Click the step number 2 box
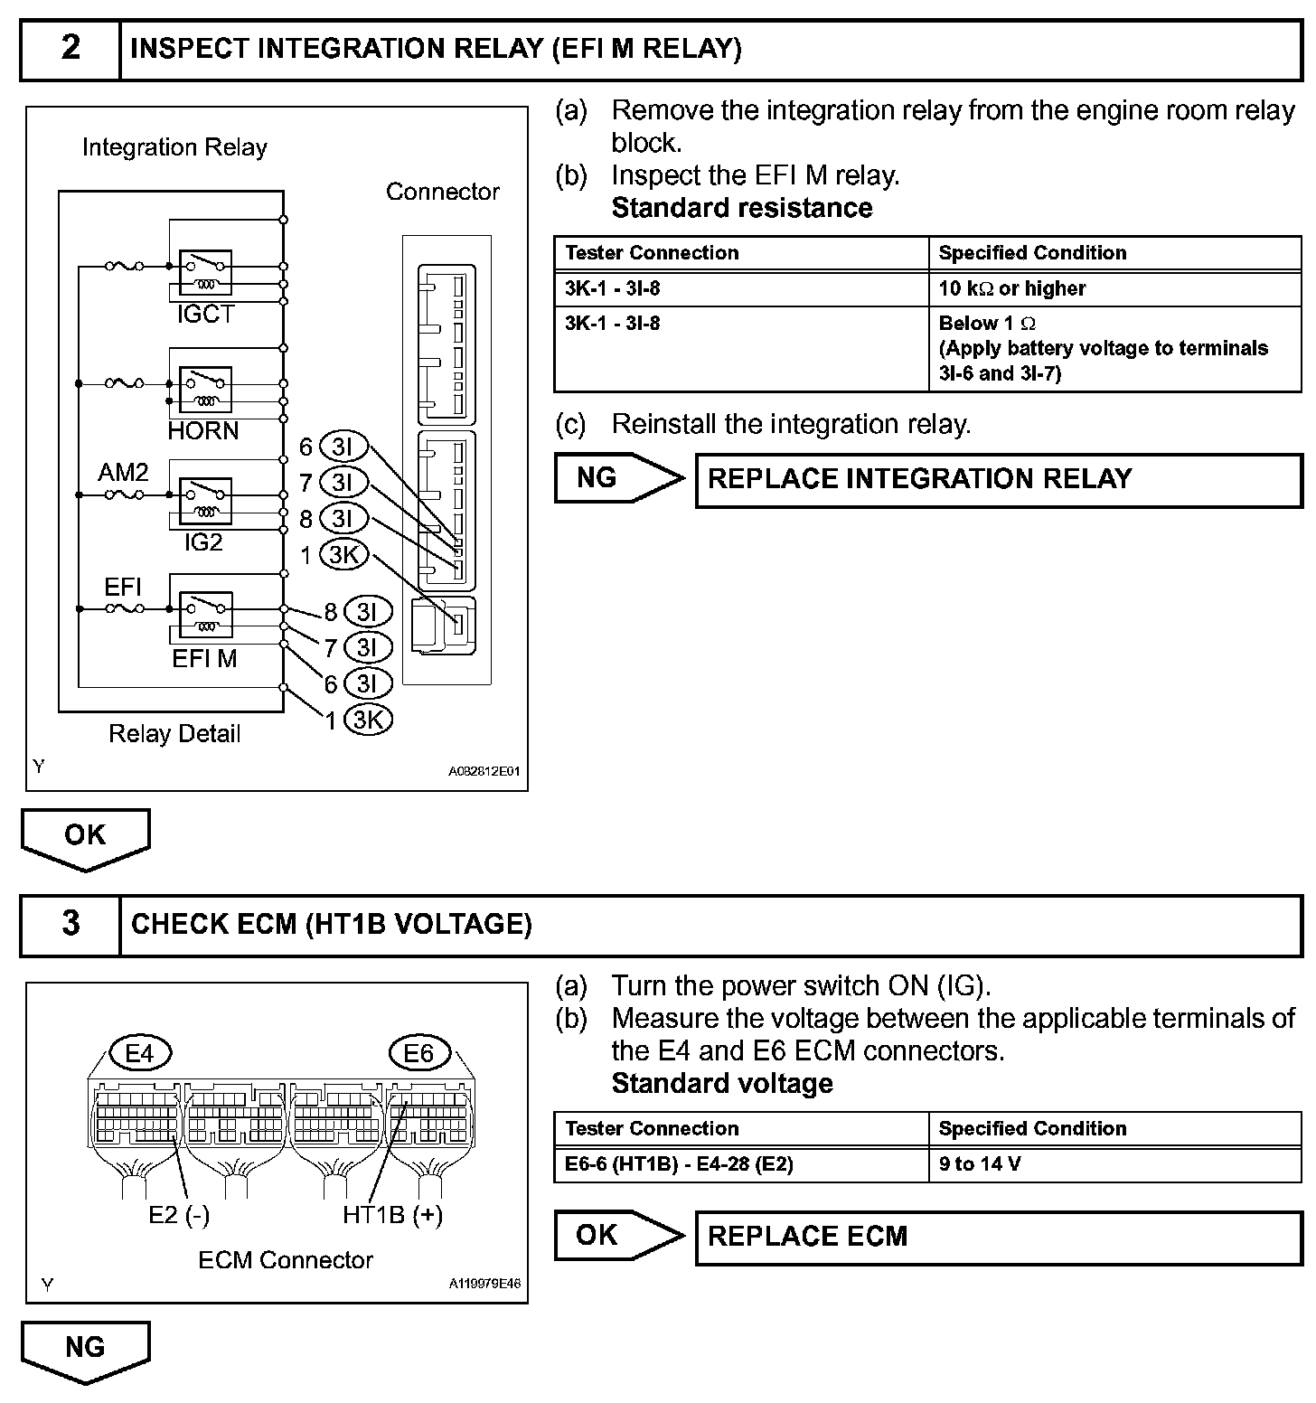(70, 49)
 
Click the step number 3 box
(70, 924)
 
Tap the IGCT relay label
(205, 315)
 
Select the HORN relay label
(203, 430)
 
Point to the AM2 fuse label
(123, 472)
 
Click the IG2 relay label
(203, 542)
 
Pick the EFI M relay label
(204, 659)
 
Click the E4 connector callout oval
(139, 1053)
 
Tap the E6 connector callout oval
(418, 1053)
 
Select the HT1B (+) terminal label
(392, 1215)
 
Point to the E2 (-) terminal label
(179, 1215)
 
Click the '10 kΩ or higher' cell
(1114, 288)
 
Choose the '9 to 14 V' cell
(1114, 1164)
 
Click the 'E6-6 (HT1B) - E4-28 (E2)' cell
(741, 1164)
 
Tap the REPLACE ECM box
(998, 1237)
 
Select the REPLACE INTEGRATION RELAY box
(998, 479)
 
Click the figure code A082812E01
(484, 772)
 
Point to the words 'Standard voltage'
(722, 1083)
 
